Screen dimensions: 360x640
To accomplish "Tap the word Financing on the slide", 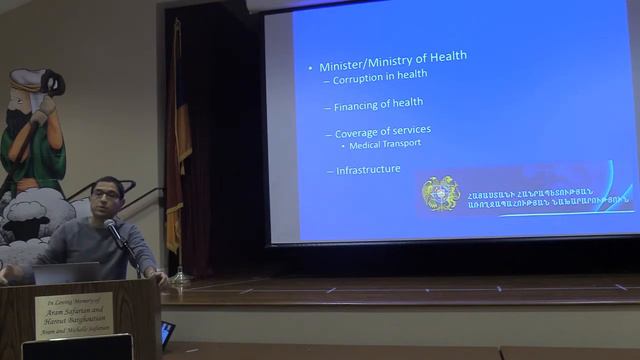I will click(357, 103).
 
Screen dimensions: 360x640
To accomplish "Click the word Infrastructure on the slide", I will click(368, 170).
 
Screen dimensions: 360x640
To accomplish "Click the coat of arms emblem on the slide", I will click(440, 192).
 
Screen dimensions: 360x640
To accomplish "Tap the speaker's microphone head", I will click(110, 226).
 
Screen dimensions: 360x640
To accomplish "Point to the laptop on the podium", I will click(66, 273).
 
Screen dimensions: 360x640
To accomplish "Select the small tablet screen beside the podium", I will click(167, 332).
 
